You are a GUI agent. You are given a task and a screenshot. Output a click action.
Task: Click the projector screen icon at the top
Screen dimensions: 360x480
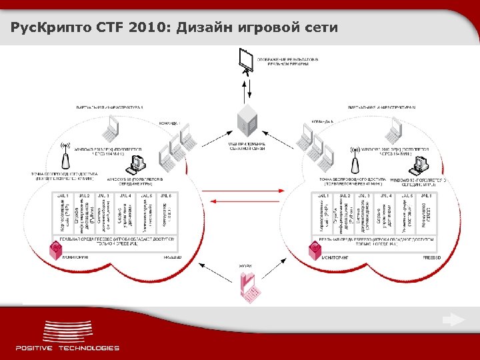point(246,62)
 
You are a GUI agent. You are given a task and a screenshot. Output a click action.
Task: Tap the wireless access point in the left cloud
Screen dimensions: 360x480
point(65,157)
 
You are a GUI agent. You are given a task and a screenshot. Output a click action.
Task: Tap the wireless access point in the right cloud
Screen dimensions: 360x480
point(354,161)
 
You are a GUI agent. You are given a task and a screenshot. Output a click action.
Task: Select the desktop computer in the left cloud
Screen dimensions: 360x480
point(138,164)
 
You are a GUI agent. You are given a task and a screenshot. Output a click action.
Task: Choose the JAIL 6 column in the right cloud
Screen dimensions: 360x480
point(426,213)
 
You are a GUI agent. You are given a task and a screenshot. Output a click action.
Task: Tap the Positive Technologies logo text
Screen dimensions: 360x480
point(67,347)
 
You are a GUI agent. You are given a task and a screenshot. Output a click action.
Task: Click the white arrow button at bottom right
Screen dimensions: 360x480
point(454,320)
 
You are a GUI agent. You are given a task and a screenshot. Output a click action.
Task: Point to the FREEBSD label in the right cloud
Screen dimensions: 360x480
point(432,257)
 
